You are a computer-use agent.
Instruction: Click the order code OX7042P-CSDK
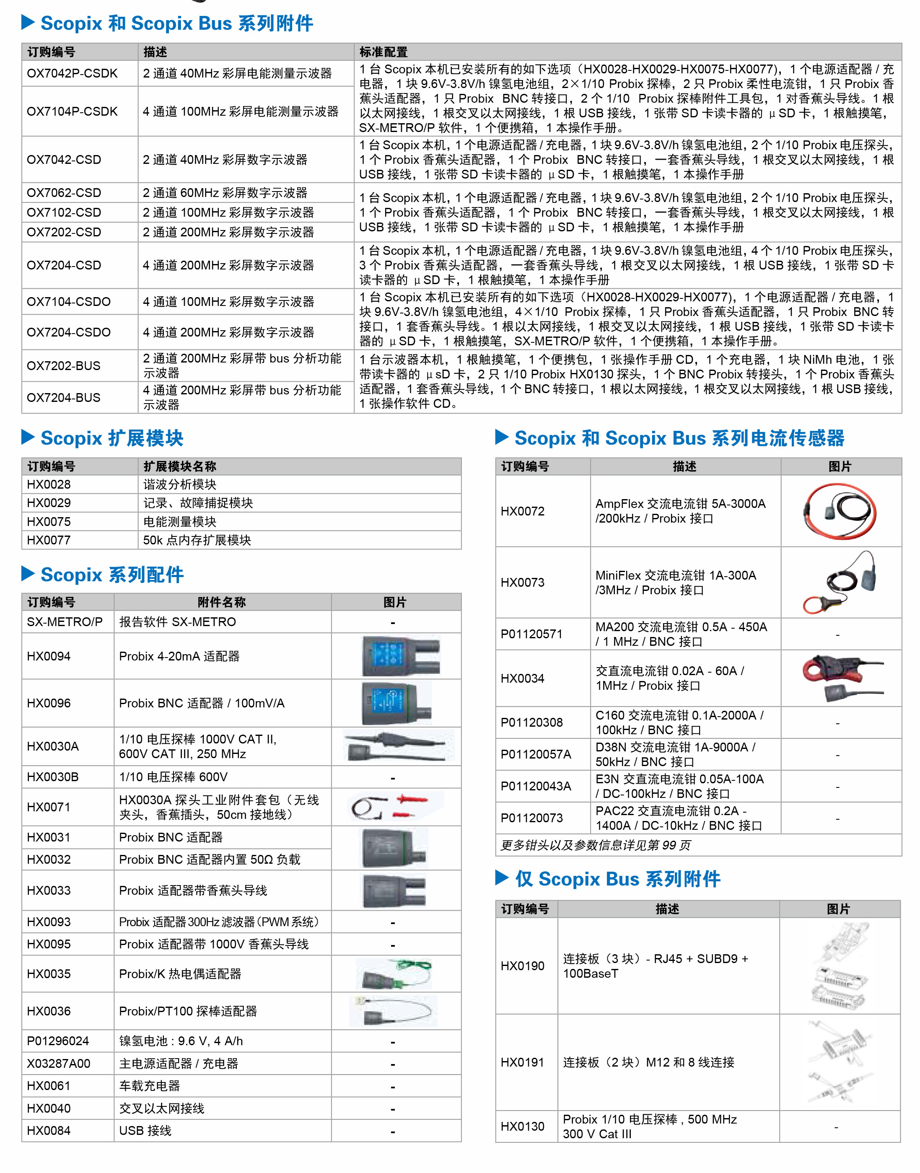(x=72, y=73)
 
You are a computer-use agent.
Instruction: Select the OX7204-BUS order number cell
(x=64, y=397)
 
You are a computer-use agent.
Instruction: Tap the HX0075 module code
(x=49, y=521)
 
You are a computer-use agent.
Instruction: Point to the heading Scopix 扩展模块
(x=112, y=438)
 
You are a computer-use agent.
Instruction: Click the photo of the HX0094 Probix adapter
(x=401, y=655)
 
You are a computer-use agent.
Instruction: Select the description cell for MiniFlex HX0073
(x=676, y=582)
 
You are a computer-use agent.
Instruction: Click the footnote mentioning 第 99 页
(x=595, y=845)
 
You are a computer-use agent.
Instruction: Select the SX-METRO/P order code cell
(x=65, y=621)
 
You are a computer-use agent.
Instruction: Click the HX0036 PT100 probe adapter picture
(x=393, y=1011)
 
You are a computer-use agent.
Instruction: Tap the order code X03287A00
(x=59, y=1064)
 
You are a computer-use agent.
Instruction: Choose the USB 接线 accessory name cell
(x=145, y=1130)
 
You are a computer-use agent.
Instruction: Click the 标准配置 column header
(x=384, y=52)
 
